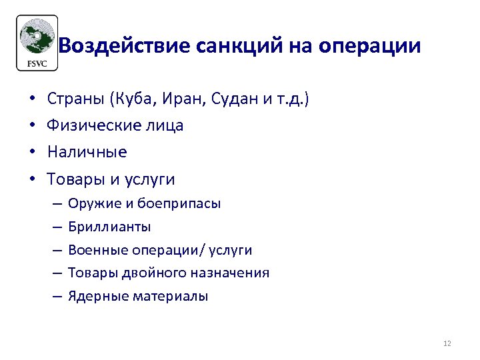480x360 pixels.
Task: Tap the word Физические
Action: pyautogui.click(x=94, y=126)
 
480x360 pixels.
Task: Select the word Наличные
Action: pyautogui.click(x=87, y=152)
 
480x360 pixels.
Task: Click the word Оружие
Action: pyautogui.click(x=91, y=204)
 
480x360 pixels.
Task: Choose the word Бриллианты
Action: pyautogui.click(x=109, y=227)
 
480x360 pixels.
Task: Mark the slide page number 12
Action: pyautogui.click(x=447, y=343)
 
